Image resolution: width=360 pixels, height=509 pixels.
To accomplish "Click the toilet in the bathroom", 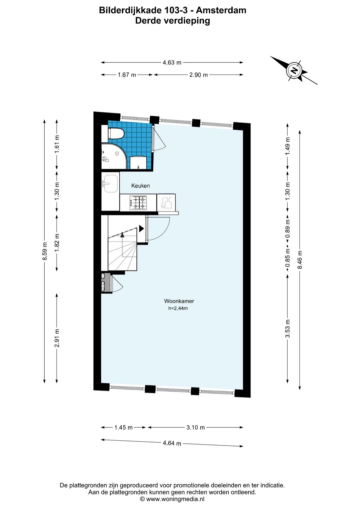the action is [116, 133].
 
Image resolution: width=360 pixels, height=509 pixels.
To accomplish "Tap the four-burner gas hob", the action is [138, 203].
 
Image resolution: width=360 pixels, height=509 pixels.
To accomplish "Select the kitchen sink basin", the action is [110, 183].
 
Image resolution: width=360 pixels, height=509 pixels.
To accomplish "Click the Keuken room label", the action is [141, 186].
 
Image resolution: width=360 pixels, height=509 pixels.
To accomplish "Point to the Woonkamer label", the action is [179, 301].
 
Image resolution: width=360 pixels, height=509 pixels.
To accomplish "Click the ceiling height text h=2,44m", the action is [178, 308].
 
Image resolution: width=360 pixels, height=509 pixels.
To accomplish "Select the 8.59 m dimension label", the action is [45, 251].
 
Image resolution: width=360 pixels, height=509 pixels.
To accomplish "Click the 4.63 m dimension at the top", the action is [172, 62].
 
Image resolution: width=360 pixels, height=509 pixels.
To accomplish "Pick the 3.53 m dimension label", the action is [288, 329].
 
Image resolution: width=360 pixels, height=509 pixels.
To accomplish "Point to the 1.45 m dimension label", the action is [123, 427].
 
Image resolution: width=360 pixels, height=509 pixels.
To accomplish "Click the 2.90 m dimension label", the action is [199, 75].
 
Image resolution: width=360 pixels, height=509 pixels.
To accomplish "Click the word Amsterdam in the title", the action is [221, 10].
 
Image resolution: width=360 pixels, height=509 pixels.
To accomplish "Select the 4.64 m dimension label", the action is [172, 443].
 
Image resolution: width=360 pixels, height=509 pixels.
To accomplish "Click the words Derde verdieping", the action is [173, 21].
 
